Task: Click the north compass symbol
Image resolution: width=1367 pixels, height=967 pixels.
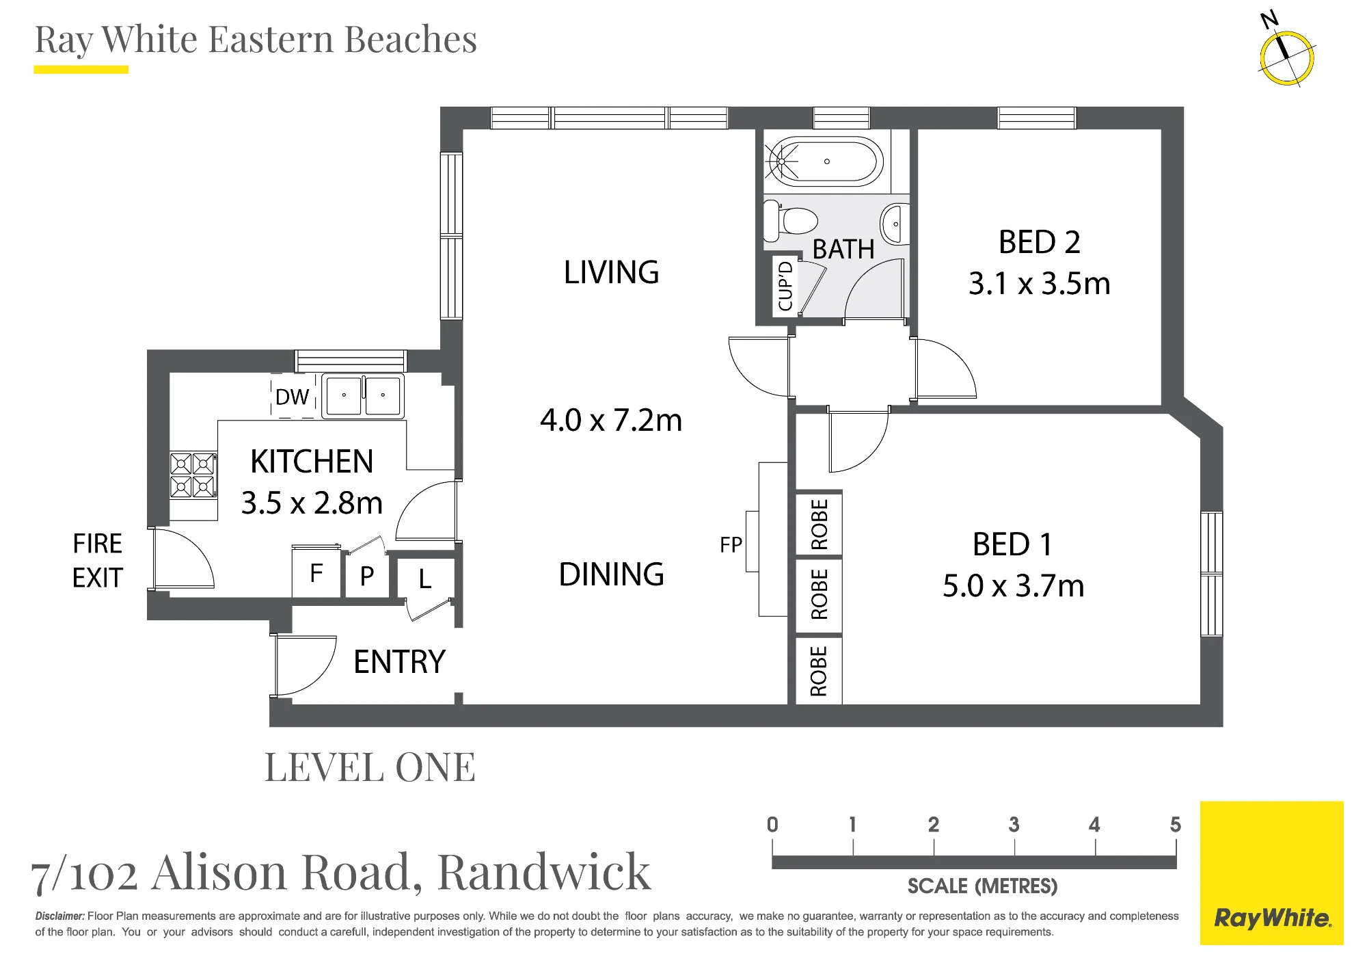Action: pyautogui.click(x=1286, y=57)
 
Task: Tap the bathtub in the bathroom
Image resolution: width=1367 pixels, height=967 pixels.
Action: pyautogui.click(x=824, y=162)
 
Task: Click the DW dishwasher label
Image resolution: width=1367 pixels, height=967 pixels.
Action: pyautogui.click(x=292, y=397)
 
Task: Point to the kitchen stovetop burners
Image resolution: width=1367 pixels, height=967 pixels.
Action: pyautogui.click(x=193, y=475)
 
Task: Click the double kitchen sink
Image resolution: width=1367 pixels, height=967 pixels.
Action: pyautogui.click(x=362, y=395)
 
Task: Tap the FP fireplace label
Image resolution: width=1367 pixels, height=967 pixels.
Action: pyautogui.click(x=731, y=545)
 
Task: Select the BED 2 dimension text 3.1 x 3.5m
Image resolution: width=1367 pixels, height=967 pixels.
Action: pyautogui.click(x=1039, y=284)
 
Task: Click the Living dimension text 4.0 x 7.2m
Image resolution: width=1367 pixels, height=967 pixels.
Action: pyautogui.click(x=611, y=421)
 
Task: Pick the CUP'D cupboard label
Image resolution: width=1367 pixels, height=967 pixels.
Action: pyautogui.click(x=785, y=286)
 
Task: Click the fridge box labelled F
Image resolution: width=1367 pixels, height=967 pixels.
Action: pyautogui.click(x=316, y=572)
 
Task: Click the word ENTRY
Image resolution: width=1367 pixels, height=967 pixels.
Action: pyautogui.click(x=399, y=662)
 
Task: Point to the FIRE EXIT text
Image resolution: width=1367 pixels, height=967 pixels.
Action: pyautogui.click(x=97, y=561)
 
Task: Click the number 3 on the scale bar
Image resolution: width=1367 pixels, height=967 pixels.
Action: pyautogui.click(x=1014, y=825)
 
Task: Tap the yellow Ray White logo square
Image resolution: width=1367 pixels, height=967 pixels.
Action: pyautogui.click(x=1271, y=873)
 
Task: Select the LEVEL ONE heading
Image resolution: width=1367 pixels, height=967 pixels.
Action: pyautogui.click(x=370, y=767)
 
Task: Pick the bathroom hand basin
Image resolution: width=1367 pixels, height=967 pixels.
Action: pyautogui.click(x=895, y=224)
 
